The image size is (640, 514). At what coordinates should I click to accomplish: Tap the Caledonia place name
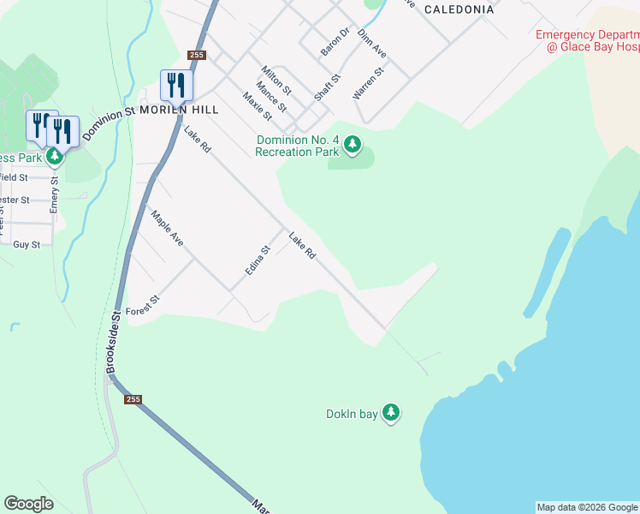coord(458,9)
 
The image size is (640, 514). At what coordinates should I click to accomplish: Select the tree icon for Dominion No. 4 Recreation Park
coord(353,146)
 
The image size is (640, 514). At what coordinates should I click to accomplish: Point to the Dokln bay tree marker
coord(391,414)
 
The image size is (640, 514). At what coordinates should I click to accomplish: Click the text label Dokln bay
coord(352,415)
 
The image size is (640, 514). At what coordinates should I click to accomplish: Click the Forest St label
coord(143,306)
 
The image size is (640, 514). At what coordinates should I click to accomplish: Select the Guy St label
coord(27,245)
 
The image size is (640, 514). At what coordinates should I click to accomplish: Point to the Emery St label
coord(54,194)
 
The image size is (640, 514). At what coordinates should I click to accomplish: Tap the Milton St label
coord(277,81)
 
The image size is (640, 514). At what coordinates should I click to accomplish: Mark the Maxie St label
coord(257,105)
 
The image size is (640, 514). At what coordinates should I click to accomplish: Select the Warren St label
coord(368,83)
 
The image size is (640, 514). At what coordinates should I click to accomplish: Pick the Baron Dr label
coord(335,42)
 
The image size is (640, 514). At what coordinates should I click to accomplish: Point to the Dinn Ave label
coord(372,44)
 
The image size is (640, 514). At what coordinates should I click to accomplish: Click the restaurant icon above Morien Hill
coord(176,84)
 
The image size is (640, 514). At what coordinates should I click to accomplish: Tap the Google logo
coord(29,504)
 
